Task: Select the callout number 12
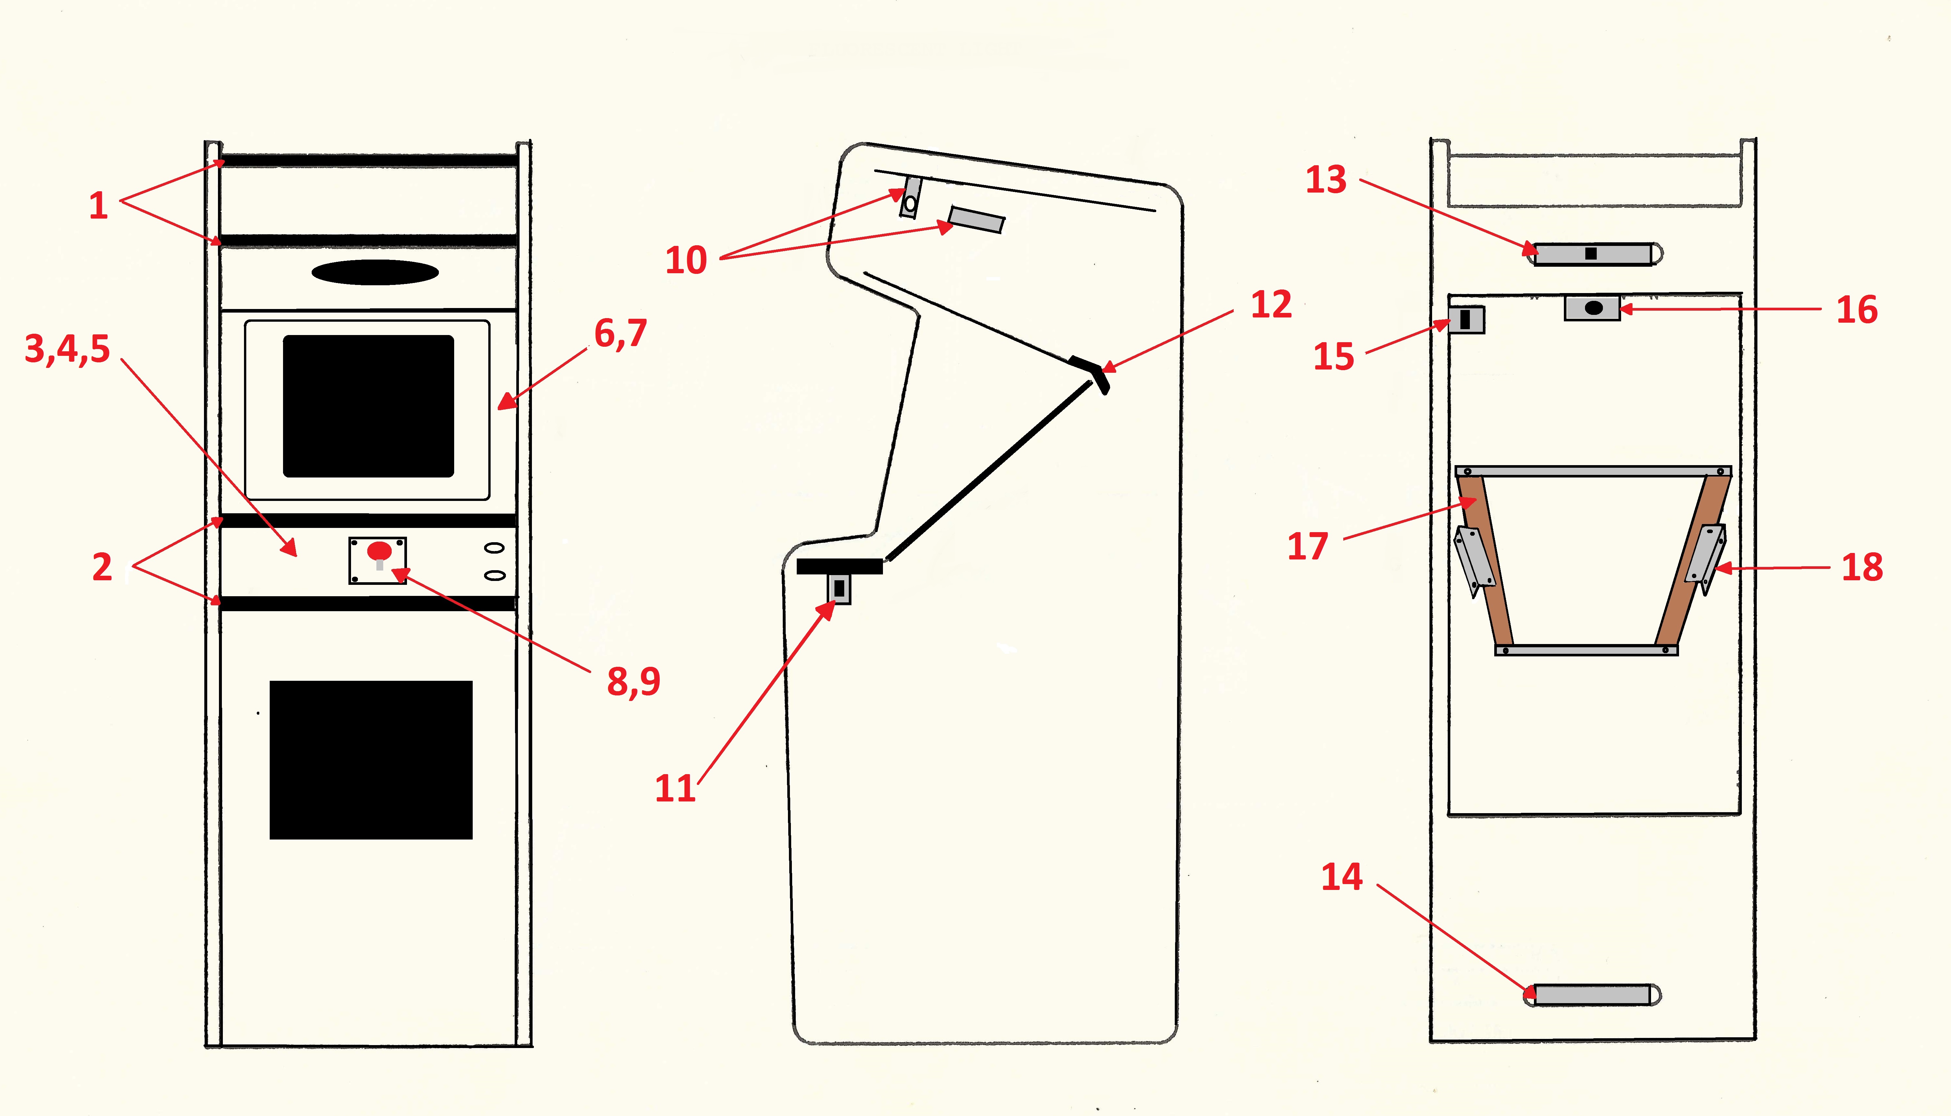(x=1271, y=305)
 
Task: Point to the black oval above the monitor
(x=375, y=272)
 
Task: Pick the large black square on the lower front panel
(x=371, y=760)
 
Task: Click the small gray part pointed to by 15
(x=1466, y=320)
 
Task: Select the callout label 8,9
(x=633, y=681)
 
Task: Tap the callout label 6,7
(x=620, y=333)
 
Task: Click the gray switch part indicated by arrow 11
(x=839, y=589)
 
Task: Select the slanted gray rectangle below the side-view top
(x=976, y=219)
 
